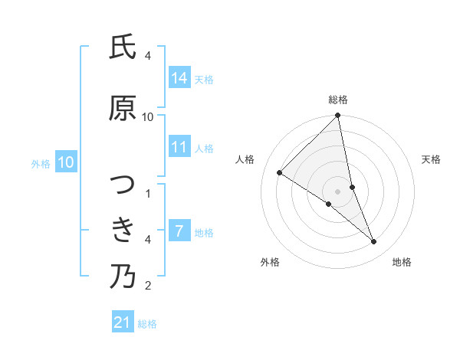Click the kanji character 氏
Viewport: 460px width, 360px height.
point(123,48)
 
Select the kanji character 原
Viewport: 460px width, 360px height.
point(123,109)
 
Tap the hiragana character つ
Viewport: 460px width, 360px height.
point(123,184)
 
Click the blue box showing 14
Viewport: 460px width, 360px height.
point(179,78)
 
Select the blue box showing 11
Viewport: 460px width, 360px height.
point(179,147)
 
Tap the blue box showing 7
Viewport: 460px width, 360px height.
point(179,231)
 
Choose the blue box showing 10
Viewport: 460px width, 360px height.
point(66,162)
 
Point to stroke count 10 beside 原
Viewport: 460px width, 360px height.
point(148,117)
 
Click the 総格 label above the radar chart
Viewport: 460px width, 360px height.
point(338,100)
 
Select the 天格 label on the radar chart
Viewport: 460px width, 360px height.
point(432,159)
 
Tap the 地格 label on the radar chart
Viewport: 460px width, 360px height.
point(402,262)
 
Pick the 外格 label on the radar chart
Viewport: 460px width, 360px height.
point(270,262)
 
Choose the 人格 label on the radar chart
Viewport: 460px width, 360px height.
point(245,159)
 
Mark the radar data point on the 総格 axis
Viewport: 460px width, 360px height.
point(338,116)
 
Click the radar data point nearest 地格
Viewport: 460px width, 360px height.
point(374,242)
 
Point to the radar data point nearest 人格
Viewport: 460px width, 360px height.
point(280,172)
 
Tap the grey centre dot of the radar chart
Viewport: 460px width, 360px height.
point(338,191)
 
